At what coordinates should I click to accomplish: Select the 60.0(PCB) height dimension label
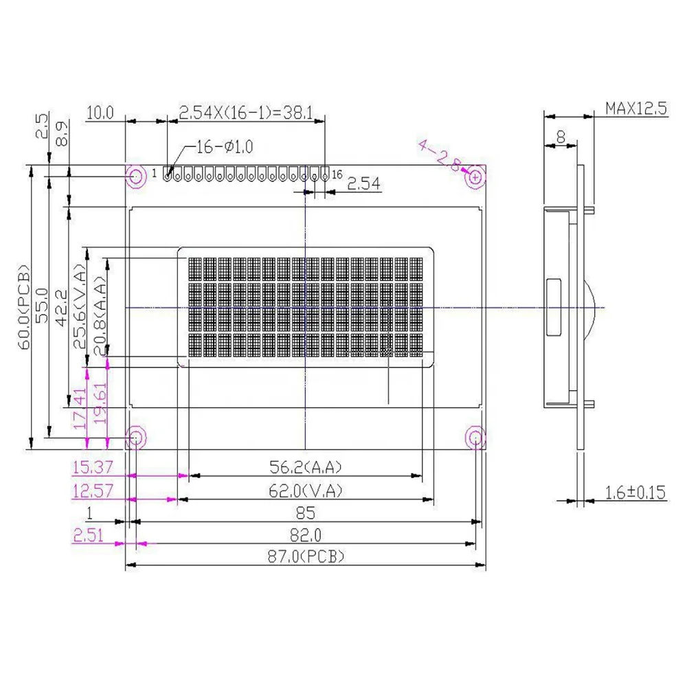click(x=25, y=307)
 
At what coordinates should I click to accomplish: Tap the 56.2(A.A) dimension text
click(x=305, y=467)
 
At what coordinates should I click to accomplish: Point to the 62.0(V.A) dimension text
click(x=305, y=491)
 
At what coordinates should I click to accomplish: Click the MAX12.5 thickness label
click(x=636, y=109)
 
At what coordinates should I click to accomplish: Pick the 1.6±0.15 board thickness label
click(x=636, y=492)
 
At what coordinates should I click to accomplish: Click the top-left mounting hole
click(x=135, y=177)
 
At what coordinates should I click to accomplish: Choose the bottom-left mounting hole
click(x=135, y=436)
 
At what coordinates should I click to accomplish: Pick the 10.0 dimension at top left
click(x=100, y=112)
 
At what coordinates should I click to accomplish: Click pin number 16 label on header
click(x=337, y=174)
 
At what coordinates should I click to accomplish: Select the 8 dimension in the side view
click(x=561, y=137)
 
